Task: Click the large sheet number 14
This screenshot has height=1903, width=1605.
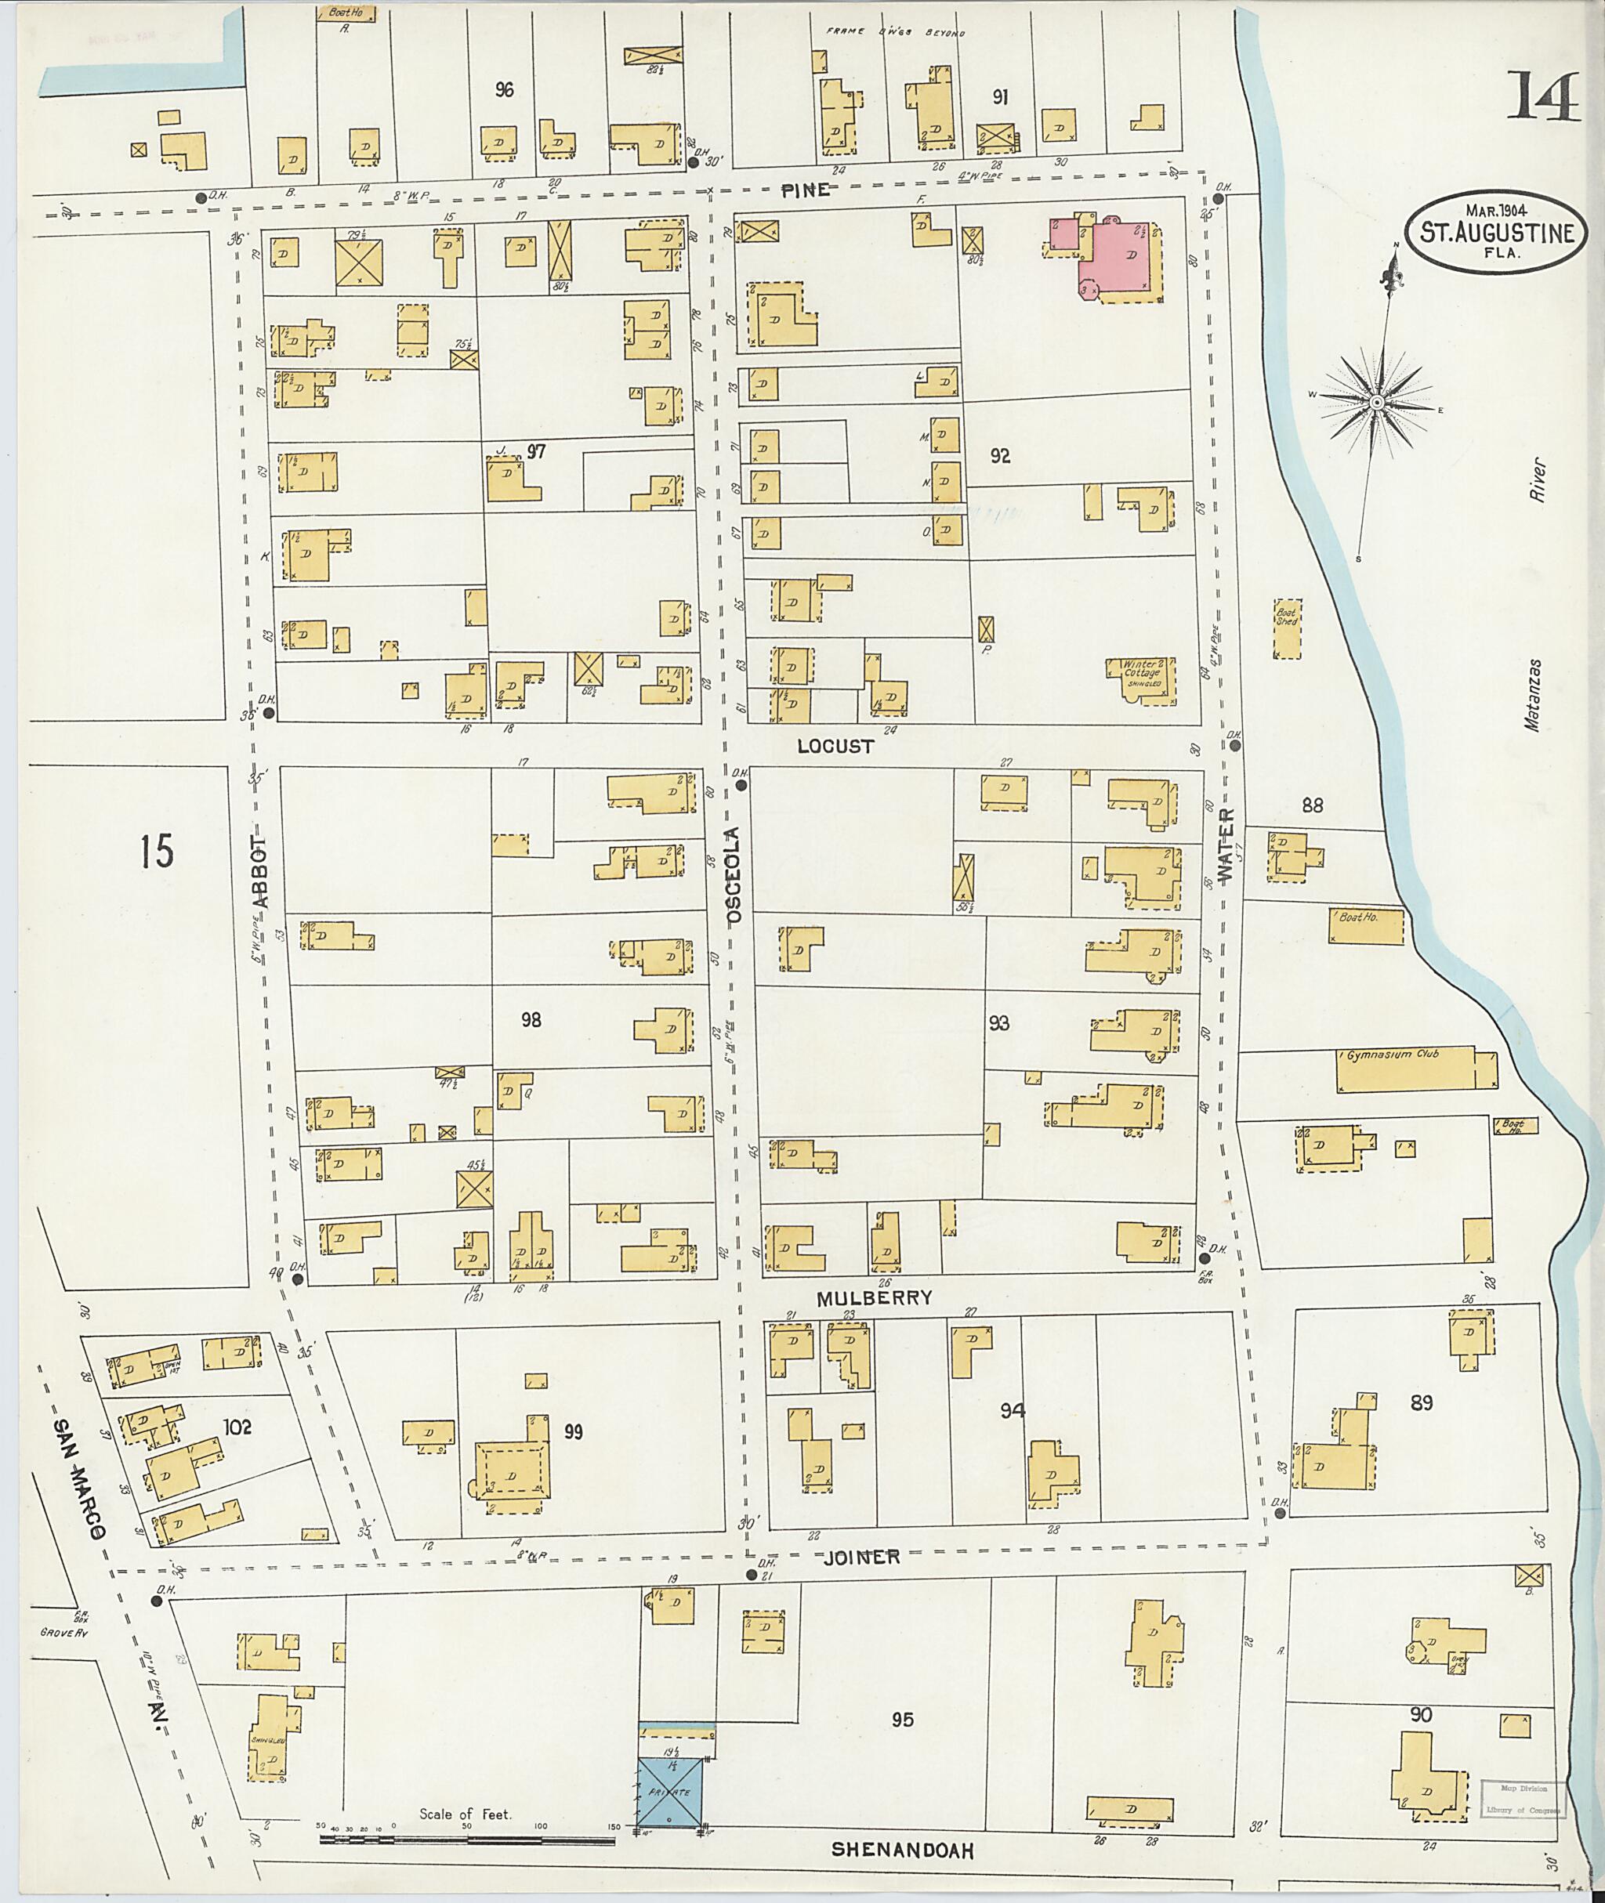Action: tap(1544, 98)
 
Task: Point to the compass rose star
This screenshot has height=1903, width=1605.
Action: tap(1375, 403)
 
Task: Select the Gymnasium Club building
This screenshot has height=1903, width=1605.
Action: tap(1415, 1072)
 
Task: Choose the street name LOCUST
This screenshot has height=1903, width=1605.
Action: tap(835, 746)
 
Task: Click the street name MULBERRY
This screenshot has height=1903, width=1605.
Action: tap(874, 1298)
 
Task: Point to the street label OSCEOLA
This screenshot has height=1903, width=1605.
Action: tap(734, 875)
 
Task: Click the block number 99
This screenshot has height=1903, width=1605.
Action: tap(572, 1433)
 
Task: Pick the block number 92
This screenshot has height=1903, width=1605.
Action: tap(1000, 457)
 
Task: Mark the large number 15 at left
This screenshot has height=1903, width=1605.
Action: tap(157, 852)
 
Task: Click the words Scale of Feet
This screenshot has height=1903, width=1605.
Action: tap(465, 1813)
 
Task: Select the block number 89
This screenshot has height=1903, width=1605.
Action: tap(1421, 1402)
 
